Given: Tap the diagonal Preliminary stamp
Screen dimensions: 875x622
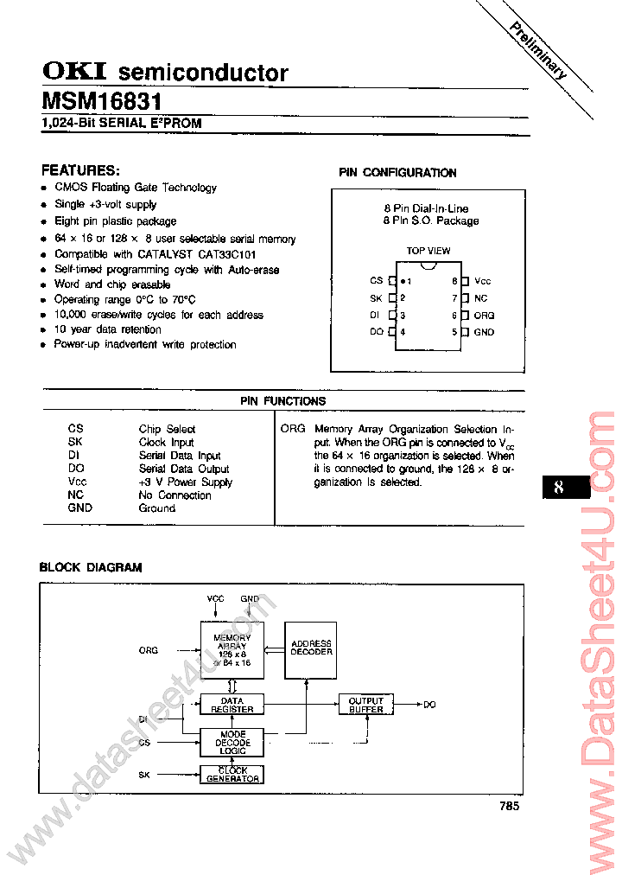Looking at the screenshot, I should click(x=537, y=50).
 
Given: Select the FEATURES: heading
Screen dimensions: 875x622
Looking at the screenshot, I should click(x=80, y=170).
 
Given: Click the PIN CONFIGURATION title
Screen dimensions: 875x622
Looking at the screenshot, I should click(x=397, y=173).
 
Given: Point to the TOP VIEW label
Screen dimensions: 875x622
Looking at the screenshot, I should click(x=428, y=251).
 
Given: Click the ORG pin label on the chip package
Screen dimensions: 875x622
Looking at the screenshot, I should click(x=484, y=316).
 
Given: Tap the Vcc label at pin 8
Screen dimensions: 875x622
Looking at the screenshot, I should click(x=482, y=281).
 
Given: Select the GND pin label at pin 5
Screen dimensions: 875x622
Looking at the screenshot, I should click(x=484, y=332).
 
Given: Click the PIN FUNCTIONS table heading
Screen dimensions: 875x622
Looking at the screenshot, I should click(x=282, y=401).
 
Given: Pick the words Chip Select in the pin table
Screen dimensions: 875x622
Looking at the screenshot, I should click(x=167, y=429).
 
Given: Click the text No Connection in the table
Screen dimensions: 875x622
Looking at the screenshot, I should click(x=175, y=495).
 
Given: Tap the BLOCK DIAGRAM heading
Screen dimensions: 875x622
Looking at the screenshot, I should click(x=91, y=568).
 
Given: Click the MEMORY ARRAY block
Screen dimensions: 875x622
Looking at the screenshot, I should click(x=232, y=648).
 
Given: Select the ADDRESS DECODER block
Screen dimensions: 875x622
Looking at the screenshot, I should click(x=311, y=648).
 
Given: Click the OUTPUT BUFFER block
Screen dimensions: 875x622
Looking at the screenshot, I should click(x=366, y=705).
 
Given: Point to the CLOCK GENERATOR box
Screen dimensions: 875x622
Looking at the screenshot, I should click(x=232, y=774).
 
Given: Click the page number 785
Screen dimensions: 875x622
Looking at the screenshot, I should click(x=509, y=806).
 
